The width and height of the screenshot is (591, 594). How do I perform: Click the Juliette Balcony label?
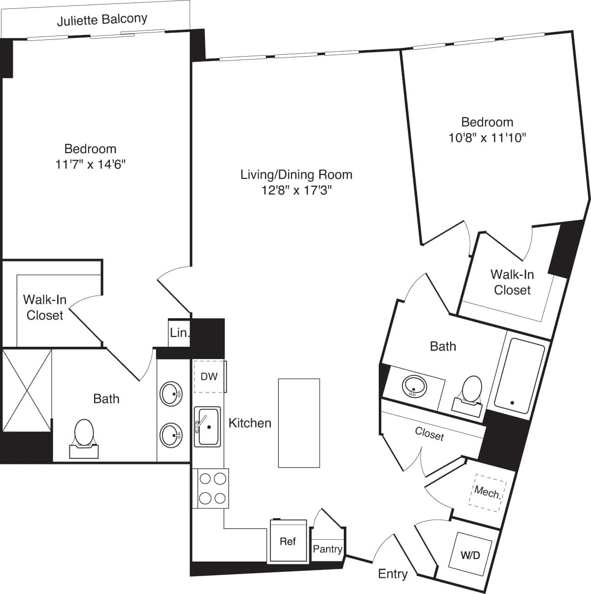pos(102,20)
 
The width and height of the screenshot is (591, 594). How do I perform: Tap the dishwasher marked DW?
pos(209,377)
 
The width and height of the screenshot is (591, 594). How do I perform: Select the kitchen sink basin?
pos(208,427)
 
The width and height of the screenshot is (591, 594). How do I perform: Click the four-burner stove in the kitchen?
pos(213,488)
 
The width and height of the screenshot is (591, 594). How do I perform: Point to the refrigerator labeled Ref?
pos(288,541)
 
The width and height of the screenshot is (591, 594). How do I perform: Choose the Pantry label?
pos(328,549)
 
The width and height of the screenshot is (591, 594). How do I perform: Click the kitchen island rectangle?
pos(299,423)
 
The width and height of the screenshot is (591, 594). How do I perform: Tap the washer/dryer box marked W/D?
pos(470,555)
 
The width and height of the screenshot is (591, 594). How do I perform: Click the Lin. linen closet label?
pos(179,333)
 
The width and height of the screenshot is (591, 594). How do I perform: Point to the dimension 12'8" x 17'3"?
pos(296,190)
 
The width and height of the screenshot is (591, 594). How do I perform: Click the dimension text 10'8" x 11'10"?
pos(487,138)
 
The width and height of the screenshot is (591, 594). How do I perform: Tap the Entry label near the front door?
pos(393,574)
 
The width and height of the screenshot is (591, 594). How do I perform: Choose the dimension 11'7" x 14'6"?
pos(91,165)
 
